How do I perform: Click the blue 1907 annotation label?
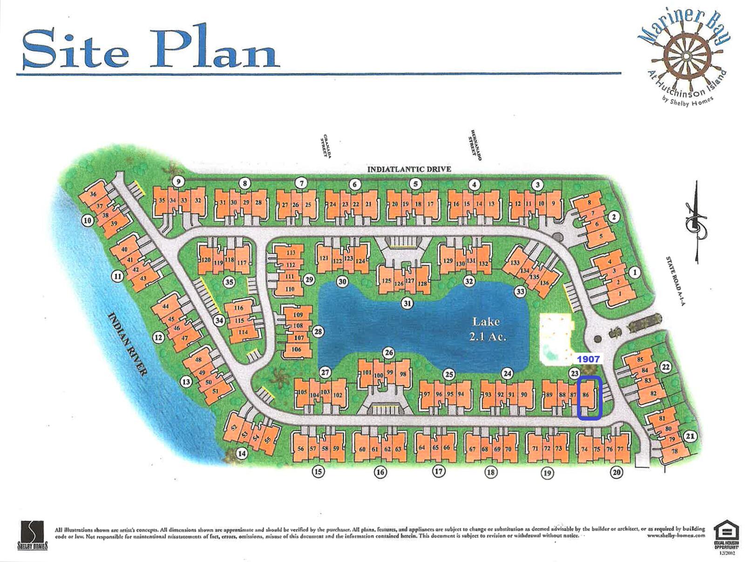click(x=588, y=359)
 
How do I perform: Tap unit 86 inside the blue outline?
click(x=586, y=395)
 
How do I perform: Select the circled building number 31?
click(x=407, y=304)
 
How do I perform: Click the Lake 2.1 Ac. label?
click(x=487, y=328)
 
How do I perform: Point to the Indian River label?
click(x=127, y=344)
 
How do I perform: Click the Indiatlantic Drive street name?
click(x=409, y=169)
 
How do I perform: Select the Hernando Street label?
click(x=475, y=145)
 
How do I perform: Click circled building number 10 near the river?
click(x=88, y=220)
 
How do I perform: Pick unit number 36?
click(x=93, y=194)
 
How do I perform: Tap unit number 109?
click(x=298, y=315)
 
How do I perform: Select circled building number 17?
click(x=439, y=471)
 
